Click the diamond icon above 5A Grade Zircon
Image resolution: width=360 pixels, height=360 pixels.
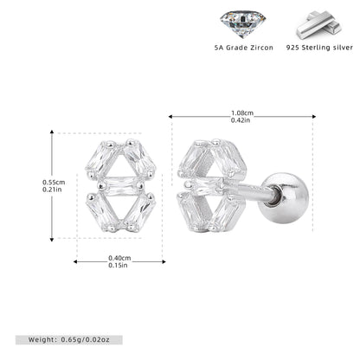coord(242,24)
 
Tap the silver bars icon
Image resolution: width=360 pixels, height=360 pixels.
coord(319,25)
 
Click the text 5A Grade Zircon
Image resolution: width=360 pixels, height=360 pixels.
coord(244,48)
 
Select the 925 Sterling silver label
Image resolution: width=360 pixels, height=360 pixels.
coord(319,48)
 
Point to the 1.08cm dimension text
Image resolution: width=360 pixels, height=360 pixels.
coord(242,112)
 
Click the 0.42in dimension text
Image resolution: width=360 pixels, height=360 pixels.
coord(241,120)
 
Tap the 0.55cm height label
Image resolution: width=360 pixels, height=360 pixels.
coord(54,183)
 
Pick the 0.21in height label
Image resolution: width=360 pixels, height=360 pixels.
coord(52,190)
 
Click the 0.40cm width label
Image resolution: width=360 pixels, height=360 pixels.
coord(119,258)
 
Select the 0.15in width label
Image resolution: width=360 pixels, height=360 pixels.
coord(118,265)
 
